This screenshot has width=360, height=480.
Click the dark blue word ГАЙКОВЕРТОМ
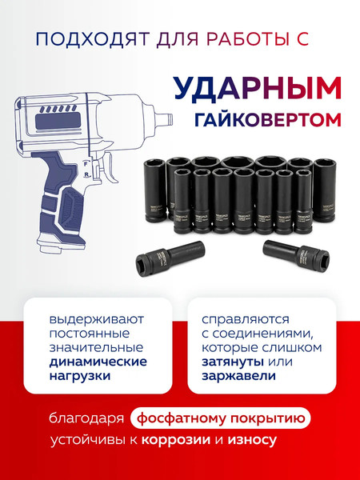(267, 121)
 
